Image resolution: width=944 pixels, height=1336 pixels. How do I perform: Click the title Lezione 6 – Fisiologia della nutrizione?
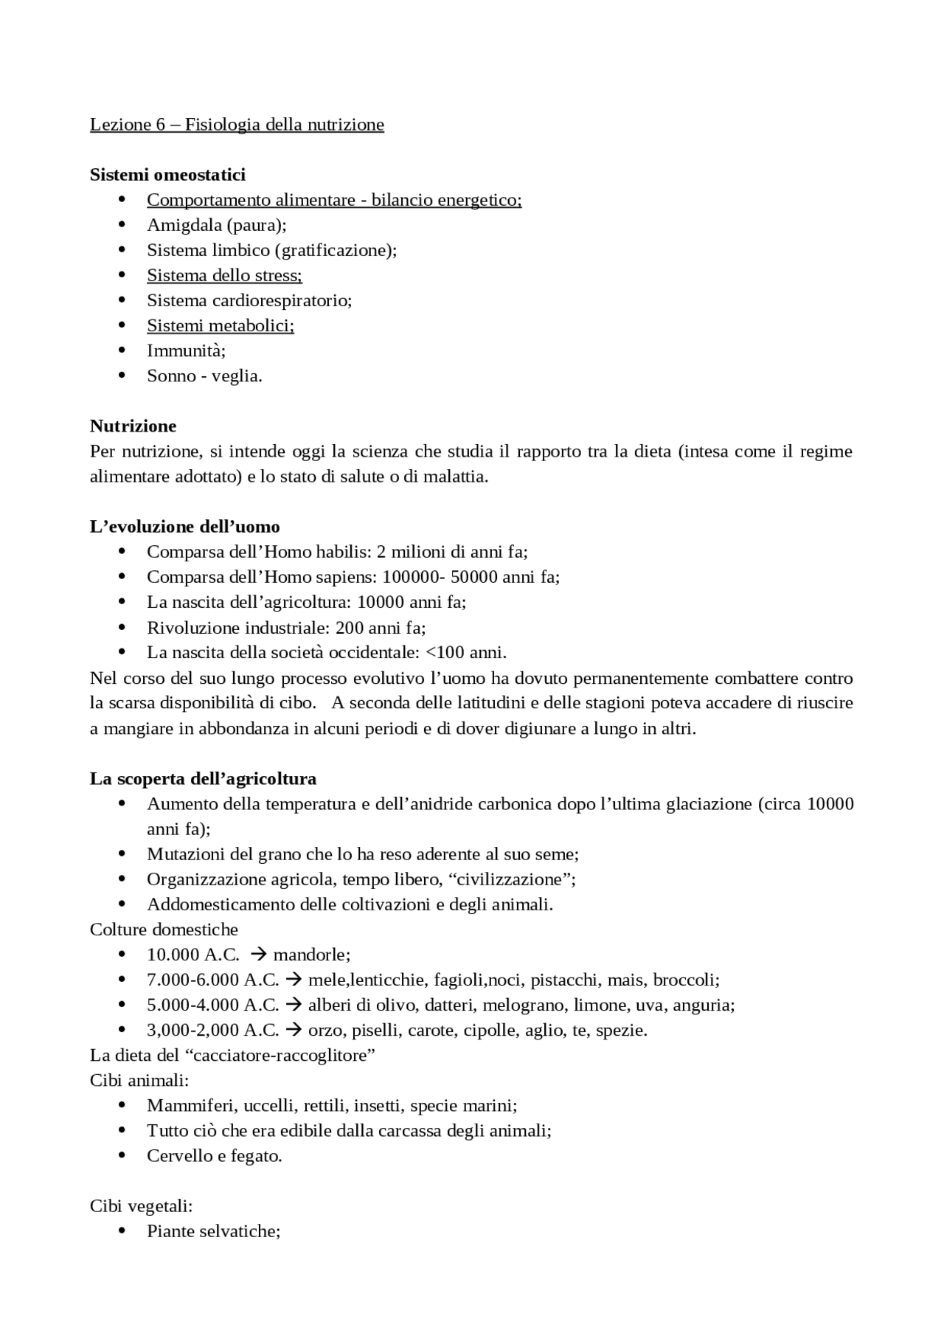237,124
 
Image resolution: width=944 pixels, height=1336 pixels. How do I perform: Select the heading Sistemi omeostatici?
167,175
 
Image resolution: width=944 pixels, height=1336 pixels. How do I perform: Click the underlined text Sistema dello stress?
224,275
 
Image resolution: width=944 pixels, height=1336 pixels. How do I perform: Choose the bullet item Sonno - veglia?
204,375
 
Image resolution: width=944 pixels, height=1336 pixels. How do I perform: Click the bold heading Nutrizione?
133,426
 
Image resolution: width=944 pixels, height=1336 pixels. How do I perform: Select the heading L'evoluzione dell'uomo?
184,527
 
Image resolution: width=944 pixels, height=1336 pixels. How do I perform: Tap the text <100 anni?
466,652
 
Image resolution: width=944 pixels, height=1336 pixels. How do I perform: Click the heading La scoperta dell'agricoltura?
203,778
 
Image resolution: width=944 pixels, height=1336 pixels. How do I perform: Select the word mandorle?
310,955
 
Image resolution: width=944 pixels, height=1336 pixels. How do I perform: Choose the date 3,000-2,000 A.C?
212,1030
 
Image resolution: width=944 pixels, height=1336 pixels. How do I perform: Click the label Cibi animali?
139,1080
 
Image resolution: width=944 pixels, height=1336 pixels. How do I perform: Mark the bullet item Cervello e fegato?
214,1155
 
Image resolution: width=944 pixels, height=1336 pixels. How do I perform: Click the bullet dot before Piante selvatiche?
122,1231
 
